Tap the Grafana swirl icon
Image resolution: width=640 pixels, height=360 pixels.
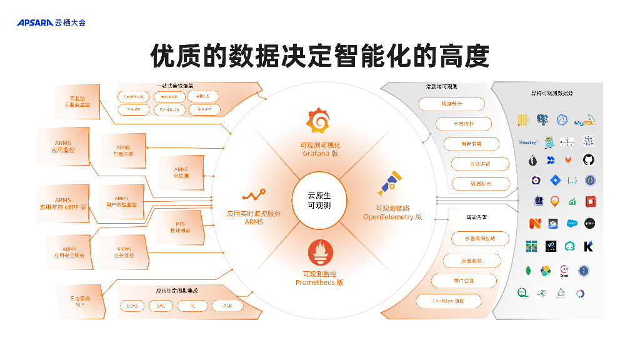pyautogui.click(x=319, y=121)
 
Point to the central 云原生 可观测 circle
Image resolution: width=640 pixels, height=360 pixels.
pyautogui.click(x=319, y=200)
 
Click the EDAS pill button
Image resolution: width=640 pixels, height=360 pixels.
pyautogui.click(x=132, y=306)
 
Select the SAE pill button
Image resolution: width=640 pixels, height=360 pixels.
pyautogui.click(x=161, y=306)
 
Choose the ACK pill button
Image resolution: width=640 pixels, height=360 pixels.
pyautogui.click(x=227, y=306)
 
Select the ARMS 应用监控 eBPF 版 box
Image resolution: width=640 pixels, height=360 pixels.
pyautogui.click(x=63, y=204)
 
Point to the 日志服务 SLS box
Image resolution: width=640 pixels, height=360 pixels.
pyautogui.click(x=80, y=301)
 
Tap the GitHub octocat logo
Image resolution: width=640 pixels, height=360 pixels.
pyautogui.click(x=588, y=161)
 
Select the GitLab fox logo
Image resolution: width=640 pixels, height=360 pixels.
pyautogui.click(x=569, y=161)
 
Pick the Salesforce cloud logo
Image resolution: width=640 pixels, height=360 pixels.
pyautogui.click(x=571, y=223)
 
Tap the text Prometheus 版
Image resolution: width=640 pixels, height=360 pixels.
pyautogui.click(x=319, y=282)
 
